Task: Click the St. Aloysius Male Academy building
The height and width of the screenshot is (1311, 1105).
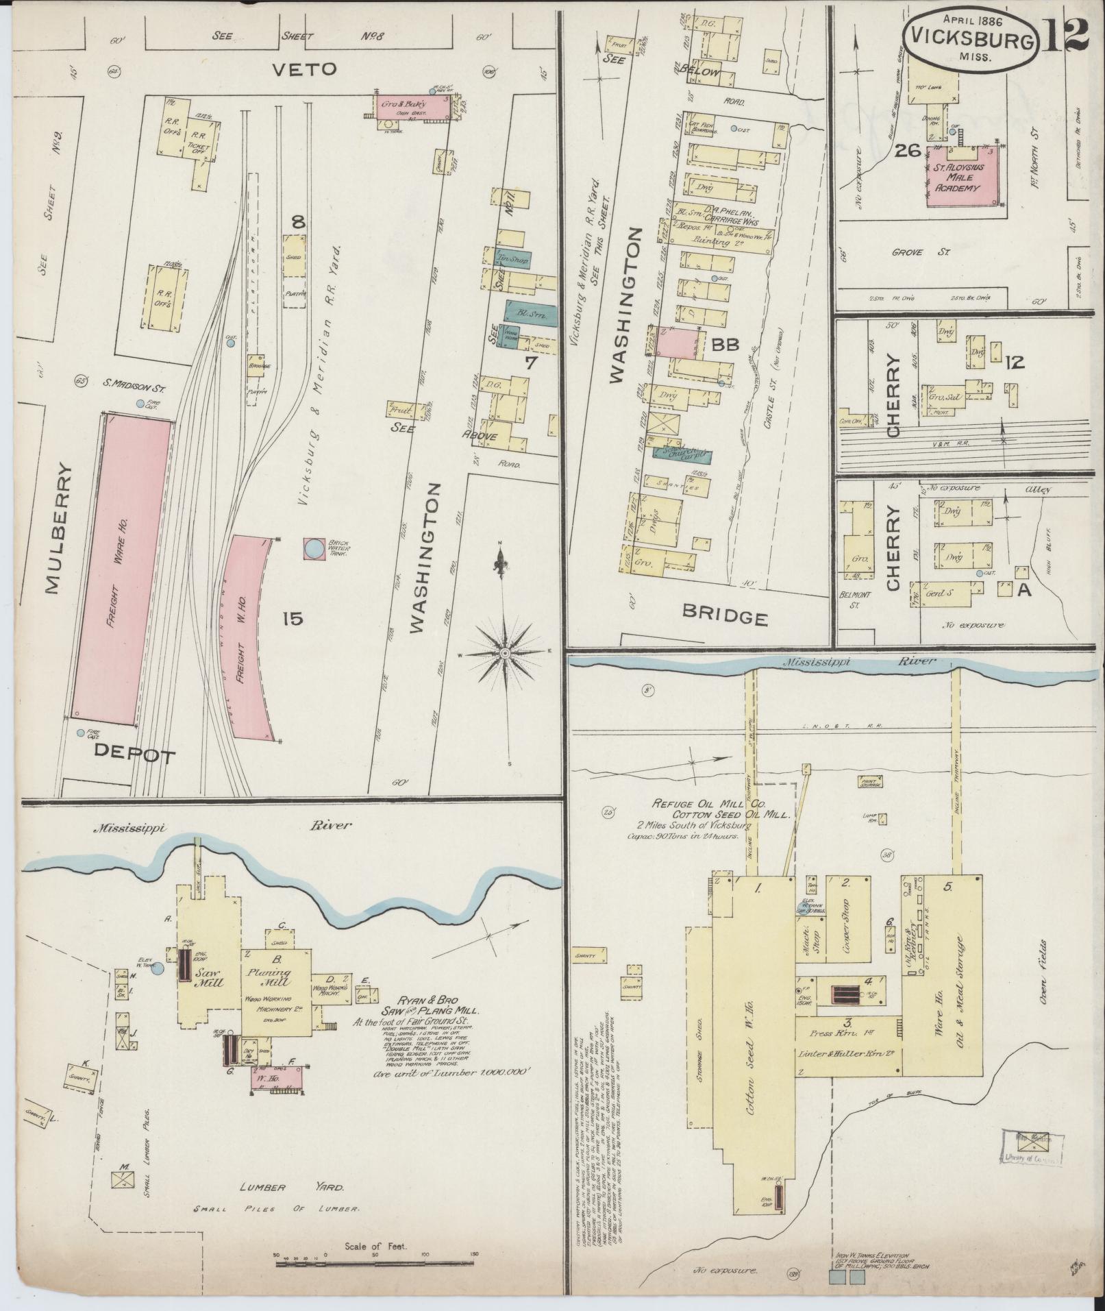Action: coord(962,177)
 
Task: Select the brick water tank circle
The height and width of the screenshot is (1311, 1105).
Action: coord(314,548)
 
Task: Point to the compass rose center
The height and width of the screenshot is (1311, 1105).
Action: coord(504,653)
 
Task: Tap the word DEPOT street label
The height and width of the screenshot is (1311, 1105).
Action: coord(135,755)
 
